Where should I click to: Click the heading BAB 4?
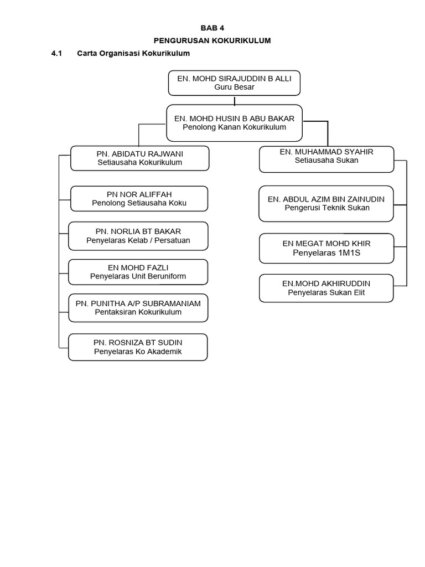tap(212, 28)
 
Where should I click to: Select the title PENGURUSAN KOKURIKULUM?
tap(212, 40)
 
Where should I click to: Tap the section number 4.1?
tap(57, 54)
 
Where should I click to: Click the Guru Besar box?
tap(234, 83)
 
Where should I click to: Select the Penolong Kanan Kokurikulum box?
tap(234, 123)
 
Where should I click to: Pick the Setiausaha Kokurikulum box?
tap(140, 158)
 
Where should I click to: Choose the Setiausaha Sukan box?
tap(326, 159)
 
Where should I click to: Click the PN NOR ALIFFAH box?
tap(139, 199)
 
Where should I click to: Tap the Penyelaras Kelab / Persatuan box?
tap(138, 236)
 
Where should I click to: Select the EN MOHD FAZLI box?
tap(138, 272)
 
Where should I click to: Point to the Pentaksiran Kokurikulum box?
tap(138, 308)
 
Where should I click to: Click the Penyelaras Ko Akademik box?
tap(138, 347)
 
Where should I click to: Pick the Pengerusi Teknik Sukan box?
tap(326, 204)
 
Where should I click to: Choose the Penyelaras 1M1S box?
tap(326, 249)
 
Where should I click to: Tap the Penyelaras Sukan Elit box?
tap(326, 288)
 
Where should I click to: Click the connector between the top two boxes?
tap(235, 101)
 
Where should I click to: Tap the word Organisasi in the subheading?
tap(120, 54)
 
